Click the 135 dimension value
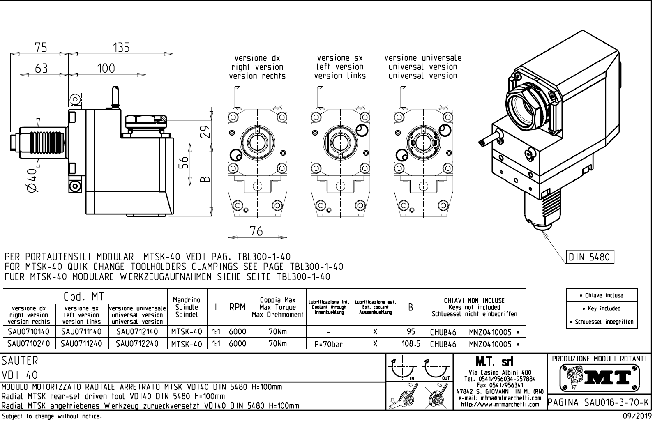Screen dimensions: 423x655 121,47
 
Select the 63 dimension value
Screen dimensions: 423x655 41,69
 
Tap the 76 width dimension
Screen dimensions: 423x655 256,231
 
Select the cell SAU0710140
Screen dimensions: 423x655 28,331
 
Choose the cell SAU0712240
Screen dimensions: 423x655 137,343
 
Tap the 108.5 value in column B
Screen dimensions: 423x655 411,343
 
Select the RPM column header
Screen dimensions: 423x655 238,307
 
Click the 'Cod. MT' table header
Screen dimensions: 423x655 84,296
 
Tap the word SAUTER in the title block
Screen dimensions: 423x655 20,361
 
